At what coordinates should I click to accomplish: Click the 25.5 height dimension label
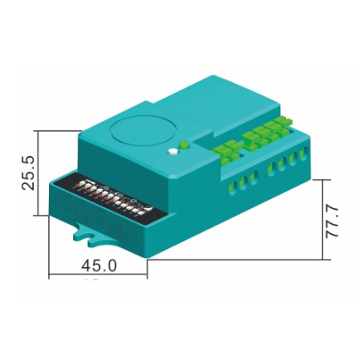pos(28,173)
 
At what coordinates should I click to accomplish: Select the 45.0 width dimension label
pos(99,265)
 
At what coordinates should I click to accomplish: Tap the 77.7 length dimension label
pos(332,221)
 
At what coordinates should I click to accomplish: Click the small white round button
pos(173,152)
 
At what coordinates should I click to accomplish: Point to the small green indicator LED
pos(183,144)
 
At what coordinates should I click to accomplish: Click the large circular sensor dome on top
pos(143,131)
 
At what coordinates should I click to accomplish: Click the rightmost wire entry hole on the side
pos(304,153)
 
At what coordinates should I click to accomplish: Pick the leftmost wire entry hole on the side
pos(233,187)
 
